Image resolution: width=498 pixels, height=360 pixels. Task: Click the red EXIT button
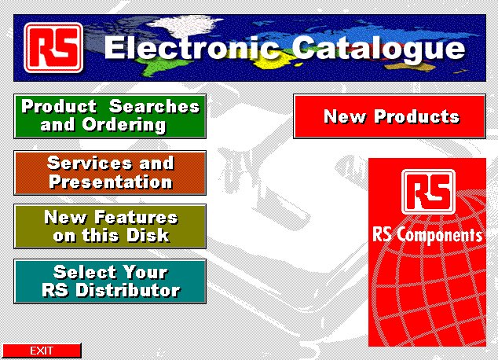(42, 351)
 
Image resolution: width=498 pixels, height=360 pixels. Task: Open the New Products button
(390, 116)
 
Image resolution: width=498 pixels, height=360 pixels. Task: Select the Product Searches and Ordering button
(110, 116)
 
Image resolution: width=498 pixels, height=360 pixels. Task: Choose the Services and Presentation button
(110, 173)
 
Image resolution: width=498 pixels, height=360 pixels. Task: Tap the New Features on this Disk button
(110, 226)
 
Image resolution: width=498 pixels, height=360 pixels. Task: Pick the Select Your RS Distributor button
(110, 281)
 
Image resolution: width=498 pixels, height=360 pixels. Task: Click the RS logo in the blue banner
(53, 48)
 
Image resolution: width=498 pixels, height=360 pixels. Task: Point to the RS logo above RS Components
(428, 192)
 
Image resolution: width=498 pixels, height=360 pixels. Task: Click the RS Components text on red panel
(427, 236)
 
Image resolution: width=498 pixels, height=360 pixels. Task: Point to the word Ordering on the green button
(124, 124)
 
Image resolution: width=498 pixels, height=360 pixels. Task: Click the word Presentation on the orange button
(111, 182)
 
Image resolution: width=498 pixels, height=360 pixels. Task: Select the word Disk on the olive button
(148, 235)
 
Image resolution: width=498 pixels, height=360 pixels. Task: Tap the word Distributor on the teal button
(128, 290)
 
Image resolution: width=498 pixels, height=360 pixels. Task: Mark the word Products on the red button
(416, 116)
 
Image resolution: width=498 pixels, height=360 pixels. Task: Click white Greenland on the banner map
(188, 25)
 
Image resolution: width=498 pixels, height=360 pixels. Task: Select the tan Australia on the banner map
(410, 67)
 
